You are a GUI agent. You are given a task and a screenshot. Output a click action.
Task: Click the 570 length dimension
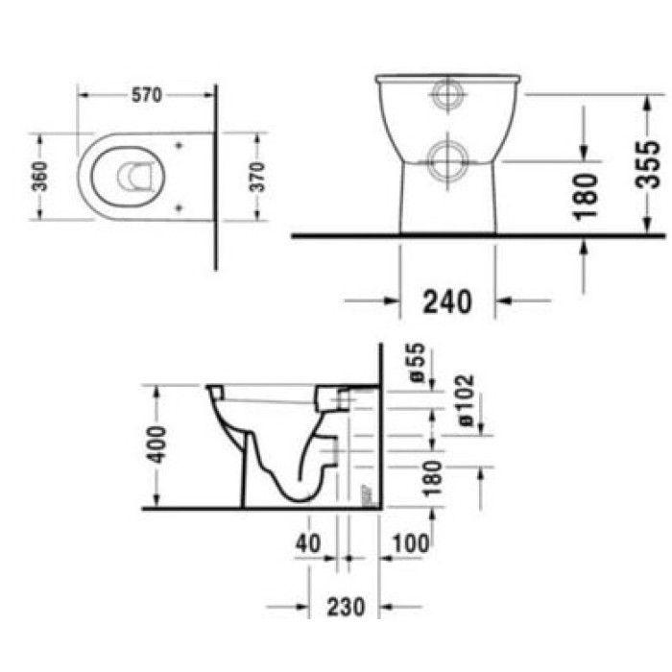click(x=146, y=95)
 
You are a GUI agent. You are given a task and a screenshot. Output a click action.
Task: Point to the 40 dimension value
click(x=308, y=542)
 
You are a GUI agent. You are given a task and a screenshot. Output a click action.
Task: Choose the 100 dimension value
click(x=411, y=542)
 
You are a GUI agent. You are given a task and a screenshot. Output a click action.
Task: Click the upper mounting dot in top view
click(x=179, y=147)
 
